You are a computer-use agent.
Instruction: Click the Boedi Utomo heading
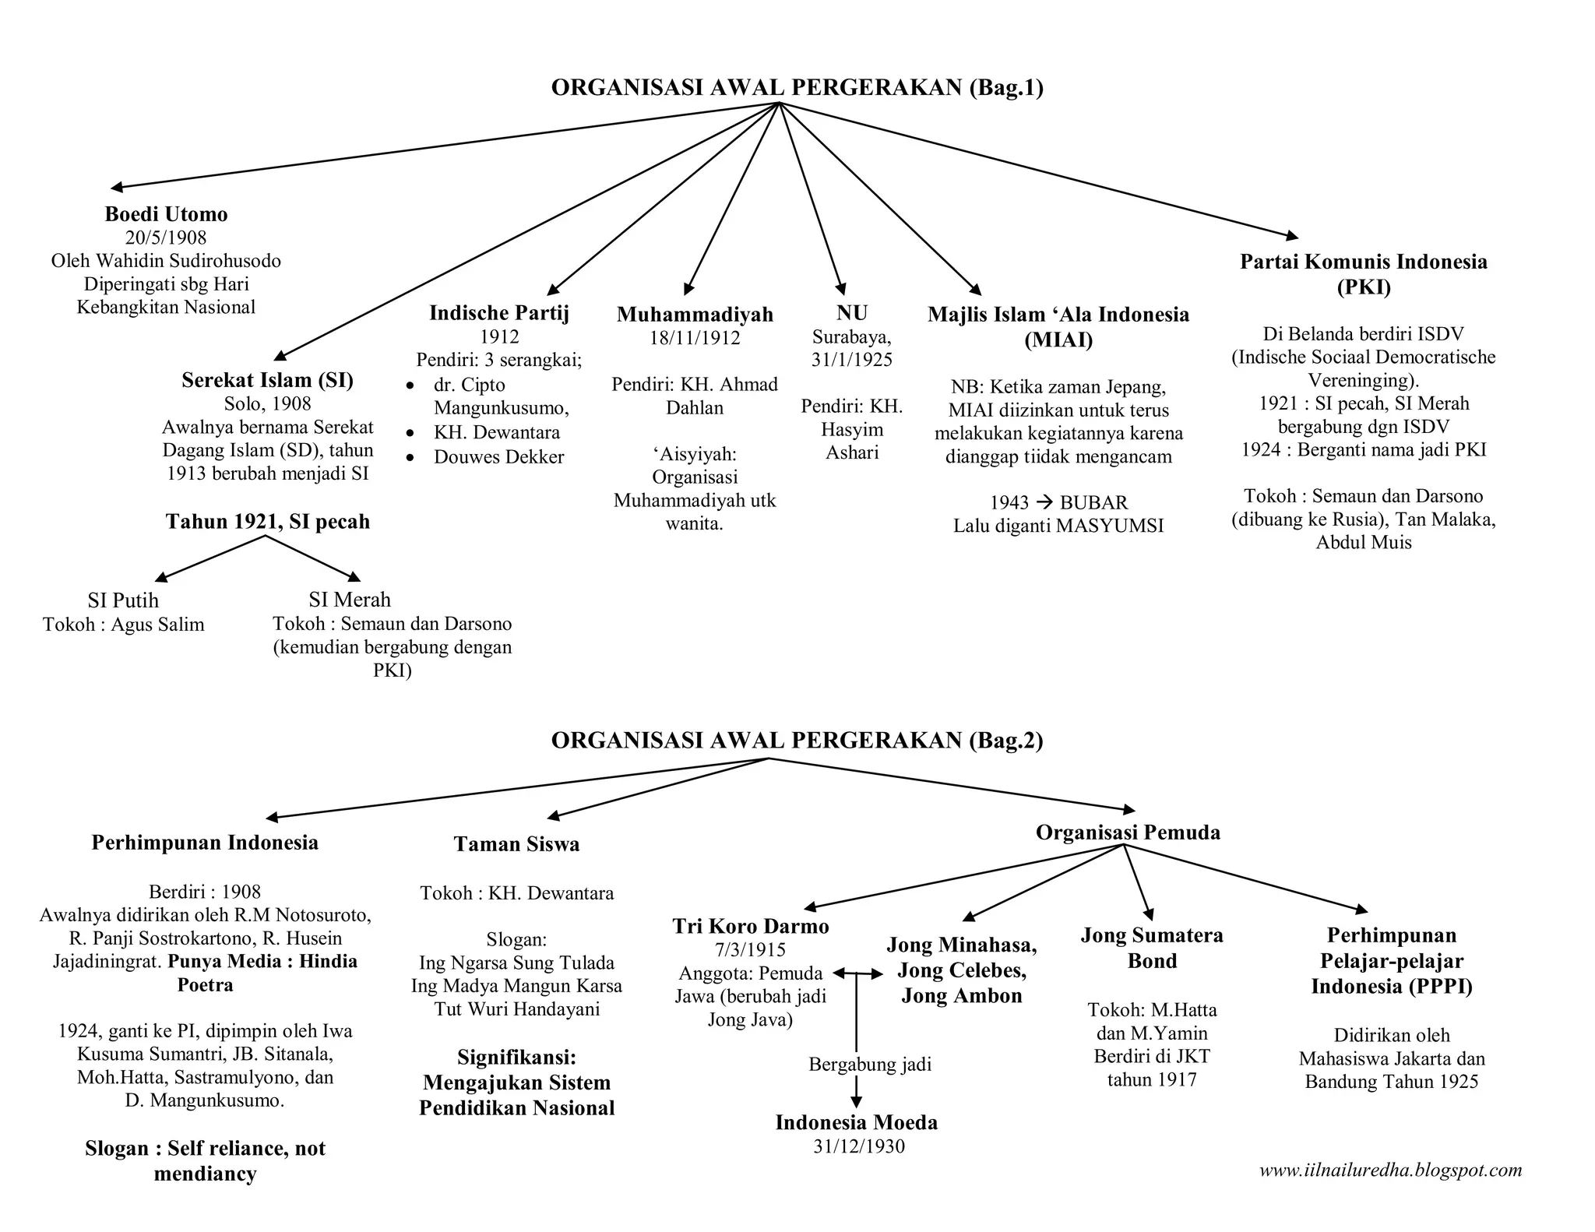(x=166, y=214)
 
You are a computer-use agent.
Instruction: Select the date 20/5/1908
(x=166, y=238)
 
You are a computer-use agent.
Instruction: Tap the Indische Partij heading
(x=499, y=313)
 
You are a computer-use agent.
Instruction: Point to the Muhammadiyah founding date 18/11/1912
(x=695, y=338)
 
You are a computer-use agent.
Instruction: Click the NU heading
(x=851, y=313)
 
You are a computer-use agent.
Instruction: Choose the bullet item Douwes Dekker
(x=498, y=457)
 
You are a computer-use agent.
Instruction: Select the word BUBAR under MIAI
(x=1093, y=503)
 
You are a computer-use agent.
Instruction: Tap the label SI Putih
(x=123, y=600)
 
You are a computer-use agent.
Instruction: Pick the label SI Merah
(x=350, y=600)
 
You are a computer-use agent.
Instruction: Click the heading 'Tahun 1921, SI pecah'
(x=267, y=522)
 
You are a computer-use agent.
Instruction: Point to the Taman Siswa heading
(x=516, y=844)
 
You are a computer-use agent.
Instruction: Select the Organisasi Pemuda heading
(x=1128, y=832)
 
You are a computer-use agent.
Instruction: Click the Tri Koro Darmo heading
(x=751, y=926)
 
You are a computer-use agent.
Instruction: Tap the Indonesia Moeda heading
(x=856, y=1122)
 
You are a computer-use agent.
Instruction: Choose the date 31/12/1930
(x=859, y=1146)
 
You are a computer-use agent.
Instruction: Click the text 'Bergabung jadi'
(x=870, y=1065)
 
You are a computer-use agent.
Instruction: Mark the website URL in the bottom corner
(x=1390, y=1170)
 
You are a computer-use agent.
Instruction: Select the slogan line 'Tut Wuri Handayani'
(x=516, y=1010)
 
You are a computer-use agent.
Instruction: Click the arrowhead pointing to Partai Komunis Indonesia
(x=1292, y=235)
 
